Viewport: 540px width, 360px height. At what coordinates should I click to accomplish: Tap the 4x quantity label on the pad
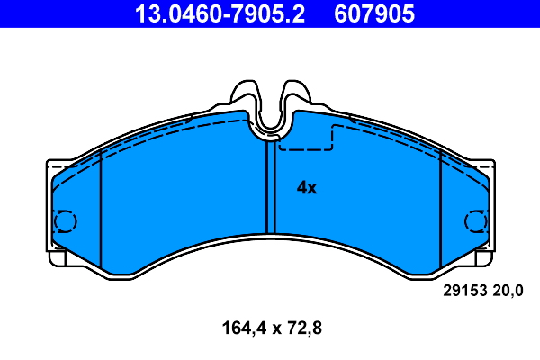click(x=307, y=188)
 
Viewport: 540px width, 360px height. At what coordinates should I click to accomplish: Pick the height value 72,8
click(x=301, y=328)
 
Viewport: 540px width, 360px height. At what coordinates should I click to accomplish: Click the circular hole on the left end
click(x=66, y=220)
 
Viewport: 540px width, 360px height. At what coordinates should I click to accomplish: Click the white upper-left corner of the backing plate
click(x=51, y=166)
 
